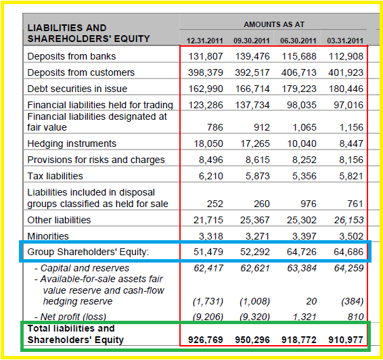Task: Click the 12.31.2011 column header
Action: coord(204,41)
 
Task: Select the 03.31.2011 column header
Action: coord(345,41)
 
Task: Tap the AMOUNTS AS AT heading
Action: coord(274,24)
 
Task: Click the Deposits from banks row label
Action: coord(72,56)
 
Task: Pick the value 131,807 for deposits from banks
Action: coord(206,56)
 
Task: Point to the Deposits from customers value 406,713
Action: coord(298,72)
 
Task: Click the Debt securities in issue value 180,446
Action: coord(346,89)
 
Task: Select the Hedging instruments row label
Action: coord(72,143)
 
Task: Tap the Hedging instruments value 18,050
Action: coord(208,143)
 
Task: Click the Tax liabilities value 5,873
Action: coord(257,176)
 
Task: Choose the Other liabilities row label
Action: coord(59,220)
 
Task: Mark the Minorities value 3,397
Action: coord(305,236)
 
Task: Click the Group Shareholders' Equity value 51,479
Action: coord(208,252)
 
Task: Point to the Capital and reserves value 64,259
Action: coord(348,268)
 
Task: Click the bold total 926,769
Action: coord(206,340)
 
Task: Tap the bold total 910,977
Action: coord(346,340)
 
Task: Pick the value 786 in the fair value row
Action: coord(215,127)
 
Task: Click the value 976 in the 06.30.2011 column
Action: coord(309,204)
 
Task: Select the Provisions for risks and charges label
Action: coord(96,160)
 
